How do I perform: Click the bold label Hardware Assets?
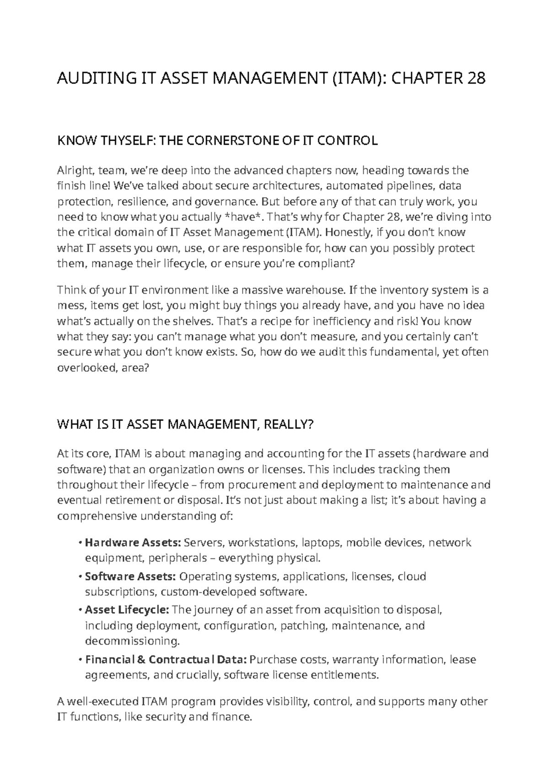[133, 543]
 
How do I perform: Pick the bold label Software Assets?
[131, 576]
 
